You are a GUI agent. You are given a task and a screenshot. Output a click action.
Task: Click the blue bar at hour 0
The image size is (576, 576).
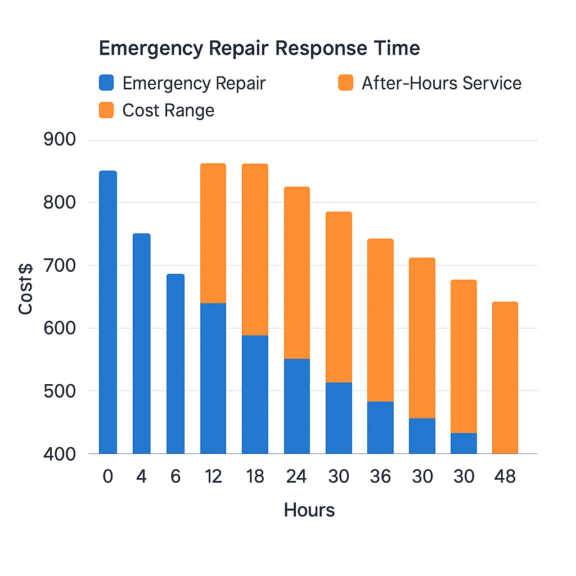pyautogui.click(x=107, y=312)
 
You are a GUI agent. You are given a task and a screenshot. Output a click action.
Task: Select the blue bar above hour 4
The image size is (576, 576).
pyautogui.click(x=141, y=343)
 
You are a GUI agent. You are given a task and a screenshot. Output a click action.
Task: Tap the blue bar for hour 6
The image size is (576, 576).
pyautogui.click(x=175, y=363)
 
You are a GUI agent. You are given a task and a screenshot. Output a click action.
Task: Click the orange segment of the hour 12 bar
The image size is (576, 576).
pyautogui.click(x=213, y=233)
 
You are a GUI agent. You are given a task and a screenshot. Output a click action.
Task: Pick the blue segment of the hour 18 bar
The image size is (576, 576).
pyautogui.click(x=255, y=394)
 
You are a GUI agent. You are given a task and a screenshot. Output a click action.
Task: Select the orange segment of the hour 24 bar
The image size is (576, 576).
pyautogui.click(x=296, y=273)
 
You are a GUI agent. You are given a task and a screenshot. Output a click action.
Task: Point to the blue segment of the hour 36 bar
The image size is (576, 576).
pyautogui.click(x=380, y=427)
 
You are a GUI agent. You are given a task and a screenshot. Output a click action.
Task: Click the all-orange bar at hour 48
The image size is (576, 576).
pyautogui.click(x=505, y=377)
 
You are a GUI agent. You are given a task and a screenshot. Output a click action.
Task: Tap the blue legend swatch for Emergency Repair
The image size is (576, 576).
pyautogui.click(x=106, y=83)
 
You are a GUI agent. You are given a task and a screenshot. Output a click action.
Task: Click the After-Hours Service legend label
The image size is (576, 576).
pyautogui.click(x=442, y=83)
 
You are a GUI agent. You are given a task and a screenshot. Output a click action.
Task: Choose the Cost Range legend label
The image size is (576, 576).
pyautogui.click(x=168, y=110)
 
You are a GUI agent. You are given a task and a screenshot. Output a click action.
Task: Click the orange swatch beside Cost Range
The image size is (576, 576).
pyautogui.click(x=106, y=110)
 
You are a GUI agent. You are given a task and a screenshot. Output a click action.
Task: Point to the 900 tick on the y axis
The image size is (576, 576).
pyautogui.click(x=59, y=139)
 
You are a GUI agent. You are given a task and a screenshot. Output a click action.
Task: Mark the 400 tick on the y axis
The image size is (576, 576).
pyautogui.click(x=59, y=453)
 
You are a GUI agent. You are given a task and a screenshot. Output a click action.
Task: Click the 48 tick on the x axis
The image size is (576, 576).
pyautogui.click(x=505, y=476)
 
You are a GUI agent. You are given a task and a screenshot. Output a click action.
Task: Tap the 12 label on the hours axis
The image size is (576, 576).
pyautogui.click(x=213, y=476)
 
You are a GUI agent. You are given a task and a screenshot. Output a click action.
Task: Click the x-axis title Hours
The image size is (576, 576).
pyautogui.click(x=309, y=510)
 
